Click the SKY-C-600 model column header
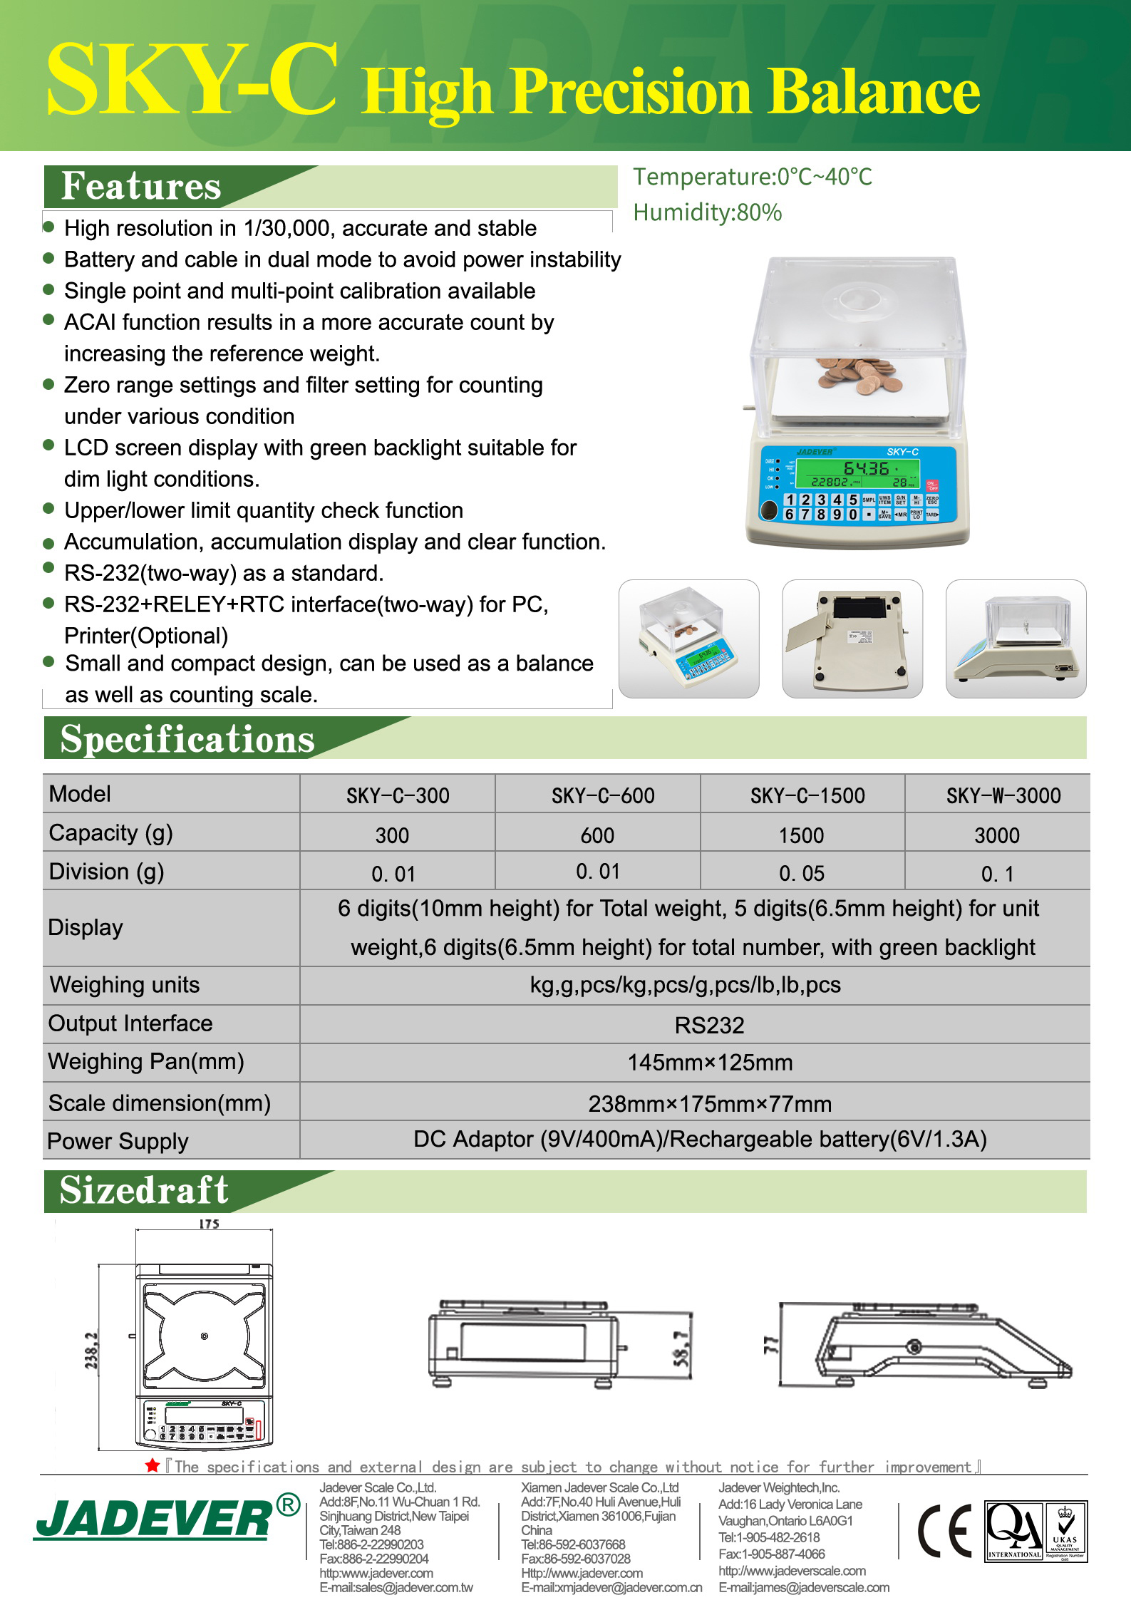point(603,795)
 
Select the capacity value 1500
point(801,835)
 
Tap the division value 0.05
point(801,873)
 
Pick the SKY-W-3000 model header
point(1003,795)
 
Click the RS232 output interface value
point(709,1025)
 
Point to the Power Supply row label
point(118,1141)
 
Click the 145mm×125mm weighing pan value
point(709,1063)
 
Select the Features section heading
point(141,187)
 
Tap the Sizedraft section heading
point(144,1191)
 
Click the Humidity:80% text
point(707,212)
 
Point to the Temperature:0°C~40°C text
point(752,177)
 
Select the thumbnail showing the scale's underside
point(852,639)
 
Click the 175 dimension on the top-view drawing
point(209,1224)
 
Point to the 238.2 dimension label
point(92,1351)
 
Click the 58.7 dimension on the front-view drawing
point(681,1348)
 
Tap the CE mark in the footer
point(944,1531)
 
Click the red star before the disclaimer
point(152,1466)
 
